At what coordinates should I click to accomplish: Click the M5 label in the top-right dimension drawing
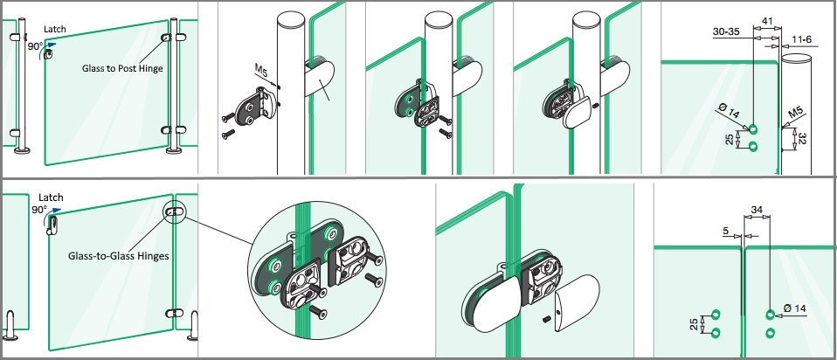795,113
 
